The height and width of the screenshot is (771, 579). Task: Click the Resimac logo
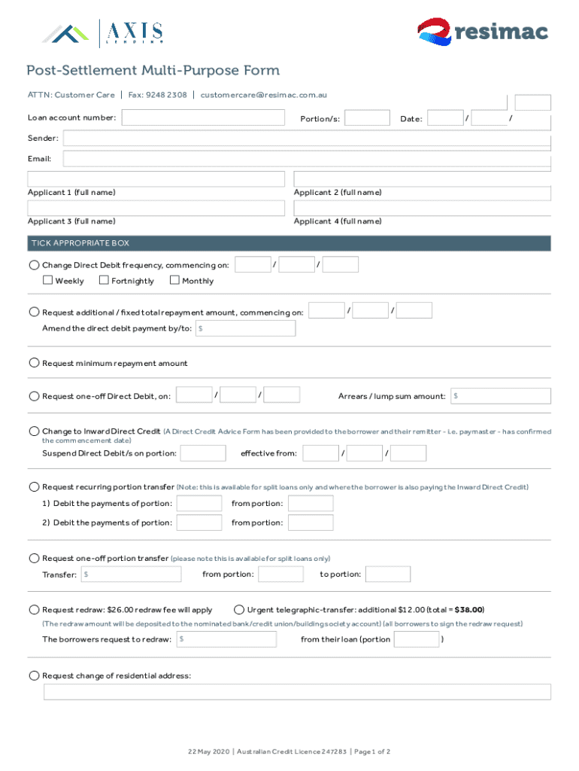pyautogui.click(x=482, y=32)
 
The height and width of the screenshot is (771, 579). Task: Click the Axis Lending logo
pyautogui.click(x=103, y=33)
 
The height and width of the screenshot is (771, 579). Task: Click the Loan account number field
pyautogui.click(x=203, y=118)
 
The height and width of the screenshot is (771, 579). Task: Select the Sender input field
pyautogui.click(x=307, y=139)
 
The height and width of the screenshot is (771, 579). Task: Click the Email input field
pyautogui.click(x=307, y=159)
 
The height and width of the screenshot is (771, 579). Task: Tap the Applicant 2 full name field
pyautogui.click(x=422, y=179)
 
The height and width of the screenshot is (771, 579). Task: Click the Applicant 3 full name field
pyautogui.click(x=156, y=208)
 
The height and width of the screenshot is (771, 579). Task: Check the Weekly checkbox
pyautogui.click(x=47, y=281)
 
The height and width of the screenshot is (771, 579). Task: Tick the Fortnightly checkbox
pyautogui.click(x=105, y=281)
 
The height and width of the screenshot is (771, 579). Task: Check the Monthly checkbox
pyautogui.click(x=174, y=281)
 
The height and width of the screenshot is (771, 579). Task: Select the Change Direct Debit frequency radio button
pyautogui.click(x=34, y=265)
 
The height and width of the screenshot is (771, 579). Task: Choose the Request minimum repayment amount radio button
pyautogui.click(x=34, y=363)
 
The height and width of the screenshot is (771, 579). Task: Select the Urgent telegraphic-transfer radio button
pyautogui.click(x=239, y=610)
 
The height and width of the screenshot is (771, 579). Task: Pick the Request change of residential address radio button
pyautogui.click(x=34, y=675)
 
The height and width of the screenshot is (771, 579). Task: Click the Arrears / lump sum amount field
pyautogui.click(x=501, y=396)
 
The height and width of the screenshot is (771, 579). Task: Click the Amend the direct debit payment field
pyautogui.click(x=245, y=329)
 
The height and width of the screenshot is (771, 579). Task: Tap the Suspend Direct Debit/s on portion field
pyautogui.click(x=203, y=453)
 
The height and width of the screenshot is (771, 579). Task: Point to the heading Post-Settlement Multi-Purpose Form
pyautogui.click(x=153, y=71)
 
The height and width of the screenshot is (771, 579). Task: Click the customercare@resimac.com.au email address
pyautogui.click(x=263, y=95)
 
